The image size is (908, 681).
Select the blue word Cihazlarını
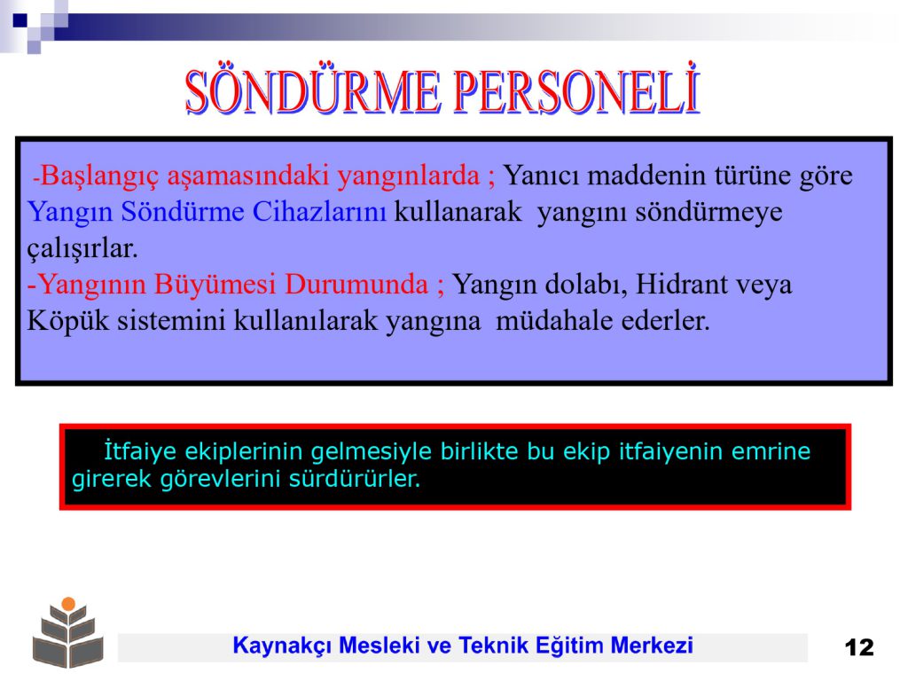pyautogui.click(x=319, y=211)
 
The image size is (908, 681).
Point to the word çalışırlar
pyautogui.click(x=82, y=249)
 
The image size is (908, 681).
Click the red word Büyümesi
pyautogui.click(x=215, y=285)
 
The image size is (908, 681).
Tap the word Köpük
pyautogui.click(x=67, y=321)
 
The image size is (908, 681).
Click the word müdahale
pyautogui.click(x=554, y=320)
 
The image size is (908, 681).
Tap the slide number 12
pyautogui.click(x=858, y=646)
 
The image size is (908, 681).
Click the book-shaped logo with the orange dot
pyautogui.click(x=68, y=632)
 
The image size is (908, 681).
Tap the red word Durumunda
pyautogui.click(x=356, y=285)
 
